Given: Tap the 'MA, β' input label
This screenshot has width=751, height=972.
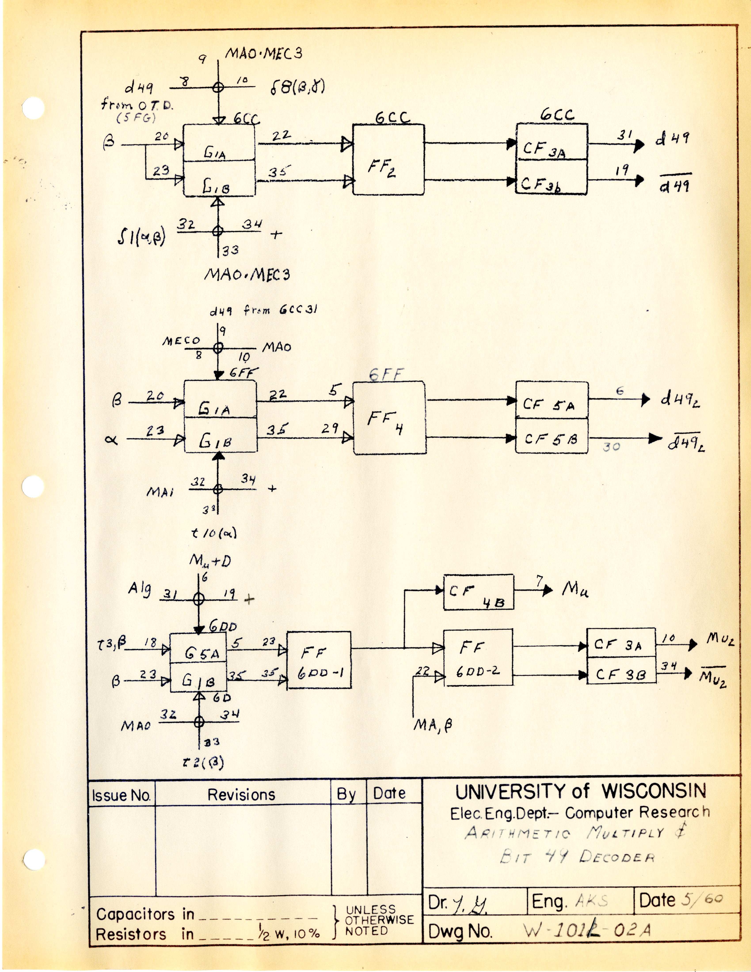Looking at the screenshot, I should (432, 725).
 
